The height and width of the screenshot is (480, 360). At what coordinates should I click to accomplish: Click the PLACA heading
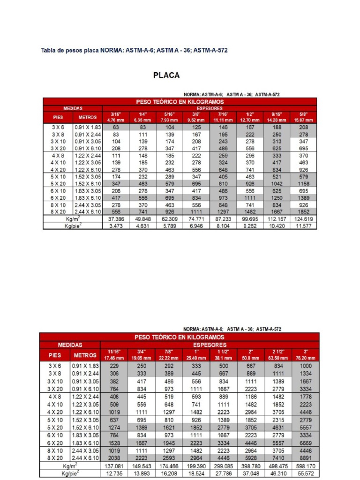click(167, 75)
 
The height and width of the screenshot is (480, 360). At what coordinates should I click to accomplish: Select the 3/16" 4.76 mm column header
click(115, 117)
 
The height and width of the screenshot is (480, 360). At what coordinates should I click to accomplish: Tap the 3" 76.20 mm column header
click(305, 355)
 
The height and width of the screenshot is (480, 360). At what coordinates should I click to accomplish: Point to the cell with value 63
click(115, 127)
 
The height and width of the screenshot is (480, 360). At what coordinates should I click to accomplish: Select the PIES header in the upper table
click(58, 117)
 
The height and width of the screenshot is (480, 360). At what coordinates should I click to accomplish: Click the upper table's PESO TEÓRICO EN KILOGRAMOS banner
click(180, 102)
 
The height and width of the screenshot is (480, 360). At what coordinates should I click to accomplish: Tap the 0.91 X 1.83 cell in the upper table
click(87, 127)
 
